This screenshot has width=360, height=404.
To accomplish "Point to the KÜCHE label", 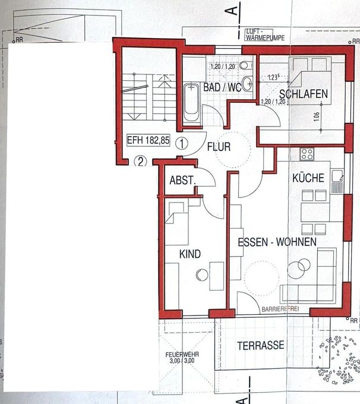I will pos(308,178).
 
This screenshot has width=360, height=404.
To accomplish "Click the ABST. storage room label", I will pos(182,181).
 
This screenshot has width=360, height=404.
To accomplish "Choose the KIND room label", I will pos(190,254).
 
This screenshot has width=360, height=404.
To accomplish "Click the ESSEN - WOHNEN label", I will pos(273,242).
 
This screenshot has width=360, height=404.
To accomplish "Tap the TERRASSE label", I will pos(260,345).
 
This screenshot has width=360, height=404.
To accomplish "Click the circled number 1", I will pos(182,143).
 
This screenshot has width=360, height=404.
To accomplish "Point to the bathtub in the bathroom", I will pos(191,104).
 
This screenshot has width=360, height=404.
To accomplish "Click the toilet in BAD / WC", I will pos(247,83).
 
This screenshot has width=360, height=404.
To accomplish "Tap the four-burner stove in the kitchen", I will pos(307,154).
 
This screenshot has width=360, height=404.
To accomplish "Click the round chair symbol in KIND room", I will pos(201,274).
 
